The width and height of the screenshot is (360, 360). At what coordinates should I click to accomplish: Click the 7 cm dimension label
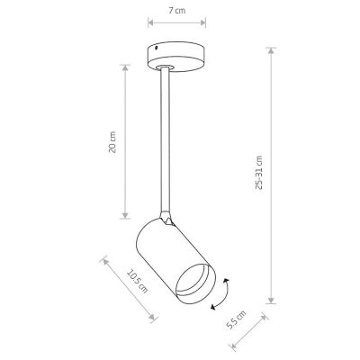pyautogui.click(x=176, y=11)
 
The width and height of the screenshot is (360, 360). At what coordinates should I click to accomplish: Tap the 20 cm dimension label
pyautogui.click(x=112, y=142)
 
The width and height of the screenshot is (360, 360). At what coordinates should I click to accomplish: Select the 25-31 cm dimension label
pyautogui.click(x=258, y=173)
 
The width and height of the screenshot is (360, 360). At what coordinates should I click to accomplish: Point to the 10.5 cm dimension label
pyautogui.click(x=138, y=282)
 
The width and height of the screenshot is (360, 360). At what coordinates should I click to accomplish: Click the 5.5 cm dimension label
pyautogui.click(x=236, y=320)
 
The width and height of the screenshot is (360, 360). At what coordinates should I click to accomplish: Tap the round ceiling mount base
pyautogui.click(x=176, y=58)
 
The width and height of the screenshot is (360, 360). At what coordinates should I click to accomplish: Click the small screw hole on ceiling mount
pyautogui.click(x=156, y=48)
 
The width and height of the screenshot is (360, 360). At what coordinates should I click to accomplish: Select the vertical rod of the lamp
pyautogui.click(x=166, y=139)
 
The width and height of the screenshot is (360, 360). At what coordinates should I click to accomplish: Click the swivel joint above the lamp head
pyautogui.click(x=166, y=219)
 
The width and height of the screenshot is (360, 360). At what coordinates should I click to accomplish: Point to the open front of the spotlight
pyautogui.click(x=195, y=283)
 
